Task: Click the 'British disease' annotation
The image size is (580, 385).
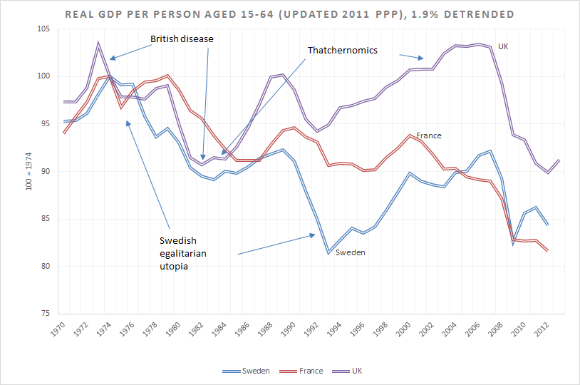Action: (x=182, y=38)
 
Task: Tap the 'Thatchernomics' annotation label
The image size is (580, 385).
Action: (x=342, y=51)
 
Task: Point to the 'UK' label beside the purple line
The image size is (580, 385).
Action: (x=503, y=46)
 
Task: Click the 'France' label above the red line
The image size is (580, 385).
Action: (x=429, y=135)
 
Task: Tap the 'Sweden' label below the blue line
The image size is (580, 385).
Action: (x=350, y=252)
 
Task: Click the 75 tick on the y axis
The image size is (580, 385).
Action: (x=44, y=314)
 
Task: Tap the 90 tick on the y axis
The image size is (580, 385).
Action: (x=44, y=171)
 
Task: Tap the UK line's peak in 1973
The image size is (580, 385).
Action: (x=98, y=43)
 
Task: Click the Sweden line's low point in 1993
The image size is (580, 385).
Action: (x=329, y=253)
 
